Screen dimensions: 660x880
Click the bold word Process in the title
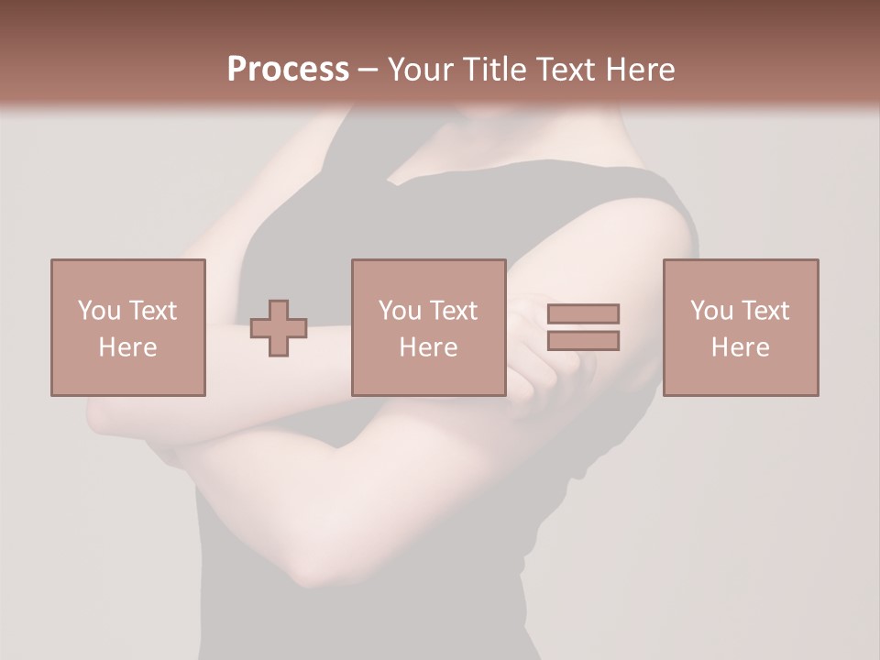(288, 70)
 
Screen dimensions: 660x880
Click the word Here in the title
(643, 70)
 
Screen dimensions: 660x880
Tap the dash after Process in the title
(368, 71)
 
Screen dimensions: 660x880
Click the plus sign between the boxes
(279, 327)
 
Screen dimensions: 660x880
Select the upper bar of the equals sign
(583, 313)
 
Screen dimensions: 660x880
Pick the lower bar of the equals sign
(583, 340)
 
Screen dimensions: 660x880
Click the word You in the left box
(99, 311)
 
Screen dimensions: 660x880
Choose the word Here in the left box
(127, 347)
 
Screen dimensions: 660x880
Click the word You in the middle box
(400, 311)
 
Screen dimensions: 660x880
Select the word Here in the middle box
(428, 347)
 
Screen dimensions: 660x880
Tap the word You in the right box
(711, 311)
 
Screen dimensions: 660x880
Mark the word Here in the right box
(740, 347)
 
